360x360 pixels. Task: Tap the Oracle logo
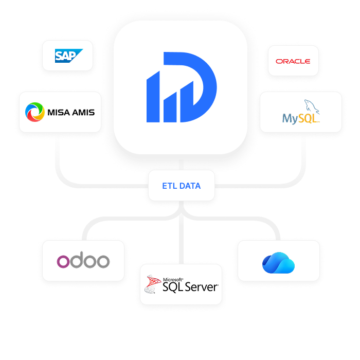tap(293, 61)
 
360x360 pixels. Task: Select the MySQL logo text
tap(300, 119)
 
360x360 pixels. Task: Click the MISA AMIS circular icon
tap(35, 112)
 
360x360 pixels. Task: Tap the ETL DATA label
tap(181, 186)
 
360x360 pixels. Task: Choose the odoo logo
tap(83, 261)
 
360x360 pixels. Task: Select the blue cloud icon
tap(278, 263)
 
